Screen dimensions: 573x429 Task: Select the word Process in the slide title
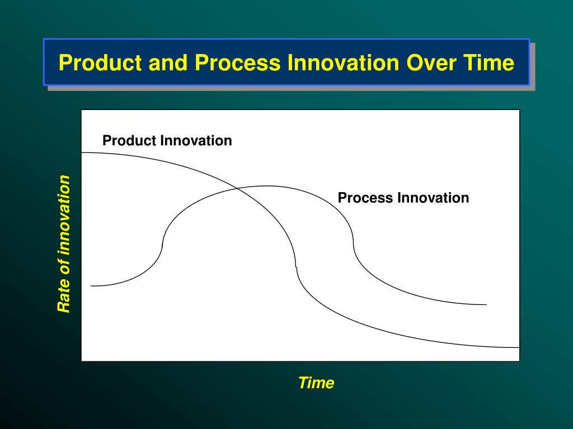[237, 63]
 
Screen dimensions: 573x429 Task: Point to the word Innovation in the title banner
[343, 63]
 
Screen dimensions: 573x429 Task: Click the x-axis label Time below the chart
[317, 383]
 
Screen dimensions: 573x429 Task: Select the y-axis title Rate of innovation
[64, 244]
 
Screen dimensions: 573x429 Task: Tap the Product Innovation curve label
[167, 140]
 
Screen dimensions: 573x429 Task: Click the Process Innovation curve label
[403, 198]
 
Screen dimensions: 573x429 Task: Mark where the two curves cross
[238, 189]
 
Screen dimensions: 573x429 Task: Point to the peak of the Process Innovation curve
[266, 186]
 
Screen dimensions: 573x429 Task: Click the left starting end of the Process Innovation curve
[91, 286]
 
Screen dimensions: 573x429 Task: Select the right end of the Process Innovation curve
[486, 304]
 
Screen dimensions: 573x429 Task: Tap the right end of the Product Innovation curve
[519, 347]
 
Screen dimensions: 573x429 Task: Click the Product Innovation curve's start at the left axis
[82, 152]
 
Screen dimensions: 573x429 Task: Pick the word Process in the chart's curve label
[365, 198]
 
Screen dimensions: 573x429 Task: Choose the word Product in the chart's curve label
[129, 140]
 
